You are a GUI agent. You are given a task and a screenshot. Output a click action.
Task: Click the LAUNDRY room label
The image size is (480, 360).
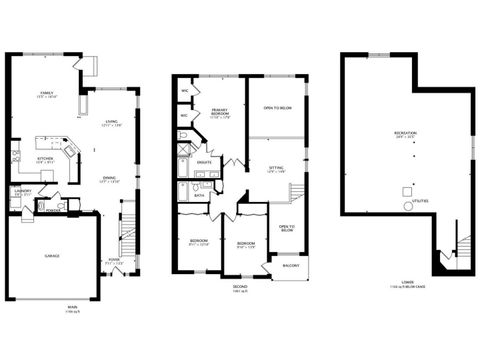pyautogui.click(x=23, y=191)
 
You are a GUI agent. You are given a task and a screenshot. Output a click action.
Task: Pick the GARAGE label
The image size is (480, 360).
pyautogui.click(x=50, y=256)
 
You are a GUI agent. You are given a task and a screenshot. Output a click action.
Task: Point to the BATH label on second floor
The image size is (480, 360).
pyautogui.click(x=200, y=195)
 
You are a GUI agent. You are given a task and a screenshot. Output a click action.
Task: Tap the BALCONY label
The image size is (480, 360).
pyautogui.click(x=289, y=266)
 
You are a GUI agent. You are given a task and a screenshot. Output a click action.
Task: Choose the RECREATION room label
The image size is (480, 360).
pyautogui.click(x=405, y=133)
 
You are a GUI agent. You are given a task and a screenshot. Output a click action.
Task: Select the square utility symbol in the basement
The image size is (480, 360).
pyautogui.click(x=405, y=190)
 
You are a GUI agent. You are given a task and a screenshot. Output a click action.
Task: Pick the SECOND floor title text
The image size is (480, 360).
pyautogui.click(x=239, y=288)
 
